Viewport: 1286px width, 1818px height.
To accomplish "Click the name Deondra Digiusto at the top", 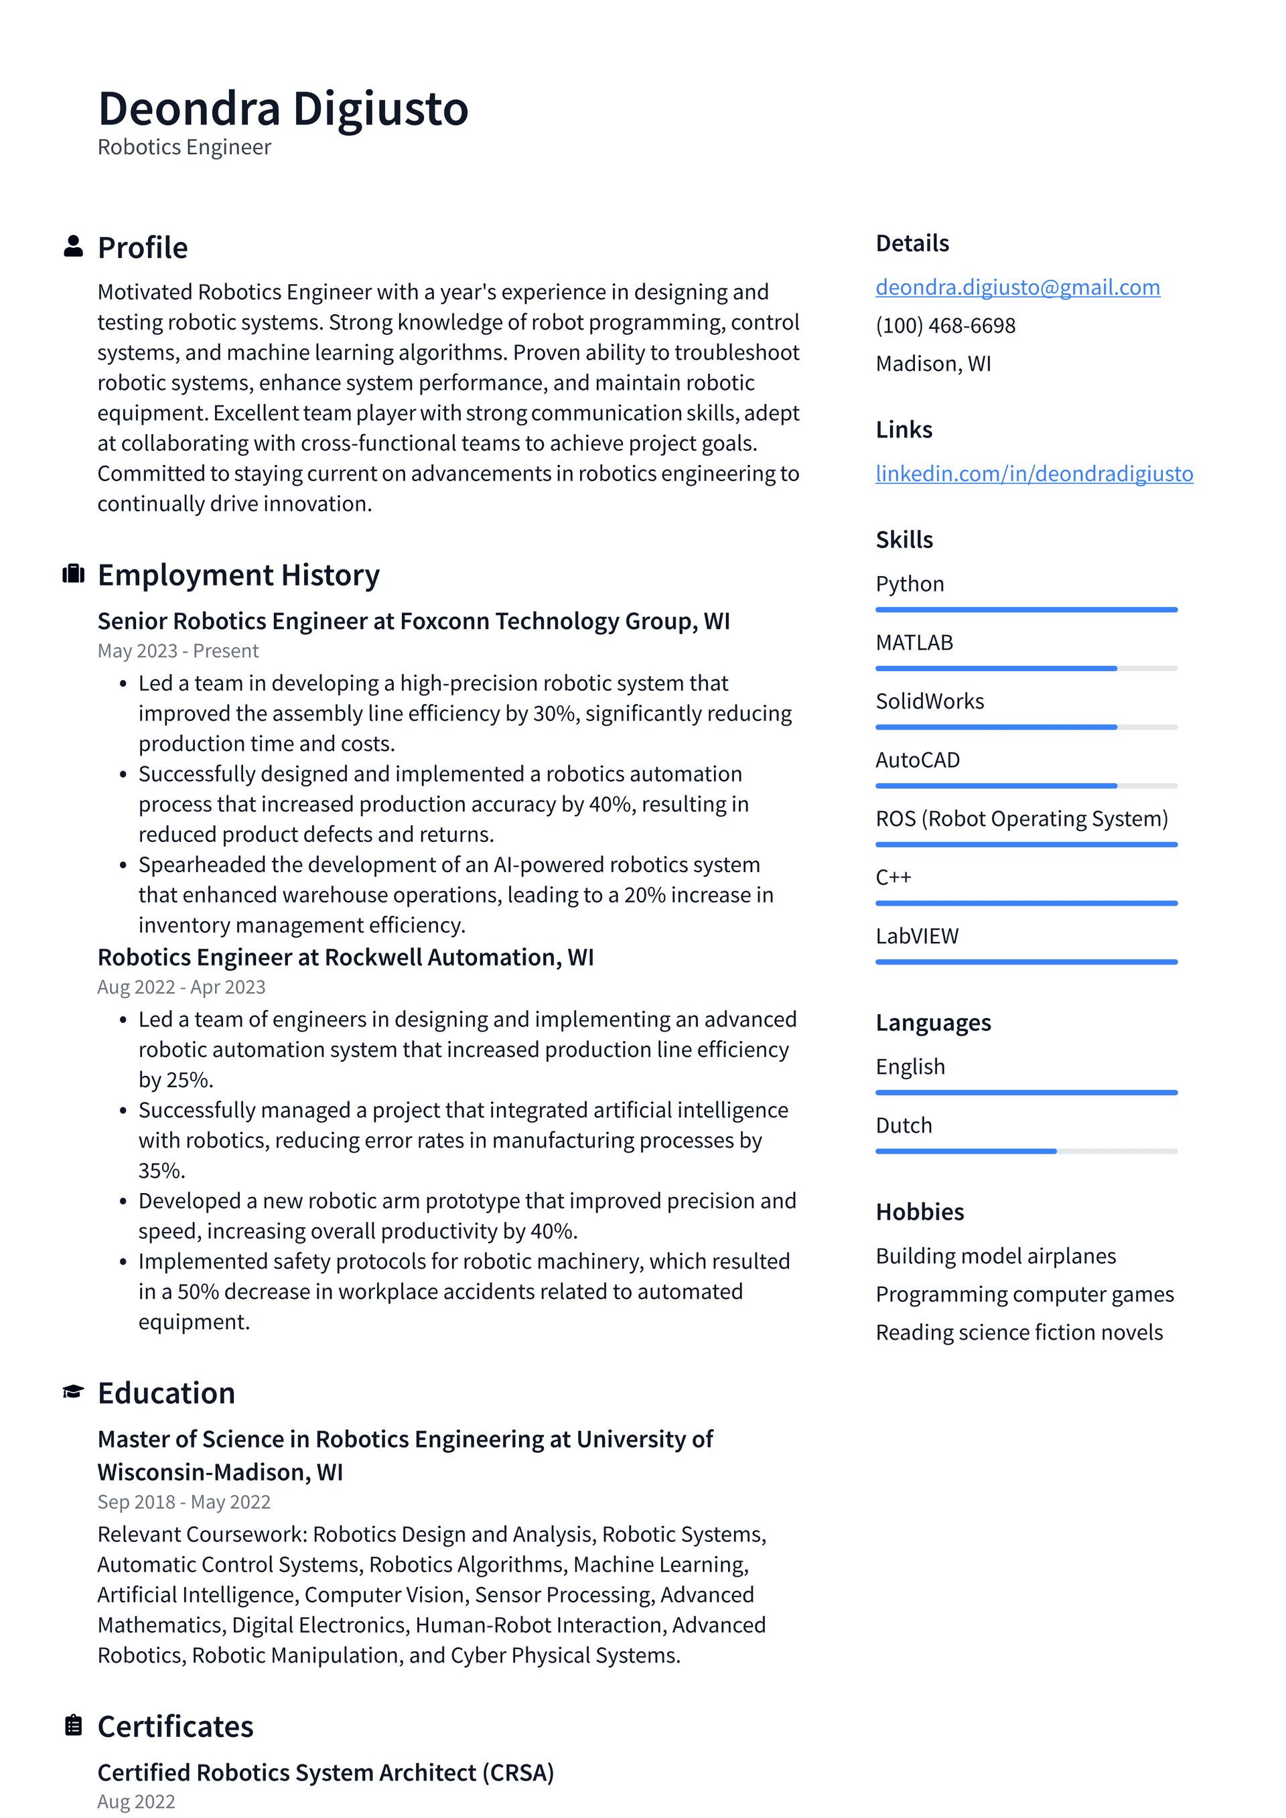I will [283, 109].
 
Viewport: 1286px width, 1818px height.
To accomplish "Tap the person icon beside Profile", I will [73, 247].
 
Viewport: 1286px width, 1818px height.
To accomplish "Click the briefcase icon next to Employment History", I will [73, 574].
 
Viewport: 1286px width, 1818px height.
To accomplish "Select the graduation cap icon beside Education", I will [73, 1391].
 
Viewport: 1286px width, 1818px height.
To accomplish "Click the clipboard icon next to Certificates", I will [73, 1725].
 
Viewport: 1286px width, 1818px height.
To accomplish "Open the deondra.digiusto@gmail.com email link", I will [1017, 287].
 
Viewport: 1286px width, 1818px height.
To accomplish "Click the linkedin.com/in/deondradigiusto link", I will [1033, 474].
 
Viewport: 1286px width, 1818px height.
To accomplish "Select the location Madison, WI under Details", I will [933, 364].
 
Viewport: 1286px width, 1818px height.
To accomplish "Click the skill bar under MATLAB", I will [1025, 669].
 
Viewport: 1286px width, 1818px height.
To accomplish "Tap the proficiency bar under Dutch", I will [1025, 1151].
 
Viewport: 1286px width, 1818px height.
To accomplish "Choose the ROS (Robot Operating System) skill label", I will [1021, 819].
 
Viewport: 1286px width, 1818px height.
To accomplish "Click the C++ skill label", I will [894, 878].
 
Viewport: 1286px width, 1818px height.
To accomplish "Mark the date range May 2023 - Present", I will [177, 651].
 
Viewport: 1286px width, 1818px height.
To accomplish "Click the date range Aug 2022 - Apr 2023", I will [181, 987].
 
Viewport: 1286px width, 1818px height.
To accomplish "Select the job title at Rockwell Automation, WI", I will [344, 957].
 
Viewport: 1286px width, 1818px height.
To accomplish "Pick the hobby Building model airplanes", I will [995, 1256].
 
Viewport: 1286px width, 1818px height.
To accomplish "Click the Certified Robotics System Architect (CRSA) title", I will [325, 1772].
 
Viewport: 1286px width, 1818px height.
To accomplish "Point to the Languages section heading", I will [933, 1023].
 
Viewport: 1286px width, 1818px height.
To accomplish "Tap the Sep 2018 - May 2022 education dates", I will [184, 1502].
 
